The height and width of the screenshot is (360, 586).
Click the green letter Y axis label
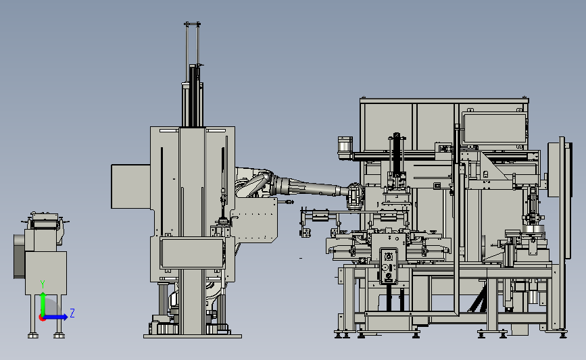(43, 284)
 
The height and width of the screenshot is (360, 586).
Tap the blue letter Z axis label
(72, 313)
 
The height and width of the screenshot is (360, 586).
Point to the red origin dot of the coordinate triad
(42, 318)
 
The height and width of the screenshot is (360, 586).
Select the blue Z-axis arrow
(55, 317)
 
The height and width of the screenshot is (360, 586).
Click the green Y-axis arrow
(43, 304)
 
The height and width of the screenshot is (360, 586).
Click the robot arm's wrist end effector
(356, 195)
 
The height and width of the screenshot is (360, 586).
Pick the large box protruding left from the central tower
(131, 186)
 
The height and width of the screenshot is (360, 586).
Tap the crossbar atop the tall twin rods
(192, 24)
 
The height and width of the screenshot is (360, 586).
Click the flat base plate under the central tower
(193, 336)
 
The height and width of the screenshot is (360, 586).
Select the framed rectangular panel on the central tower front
(192, 253)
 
